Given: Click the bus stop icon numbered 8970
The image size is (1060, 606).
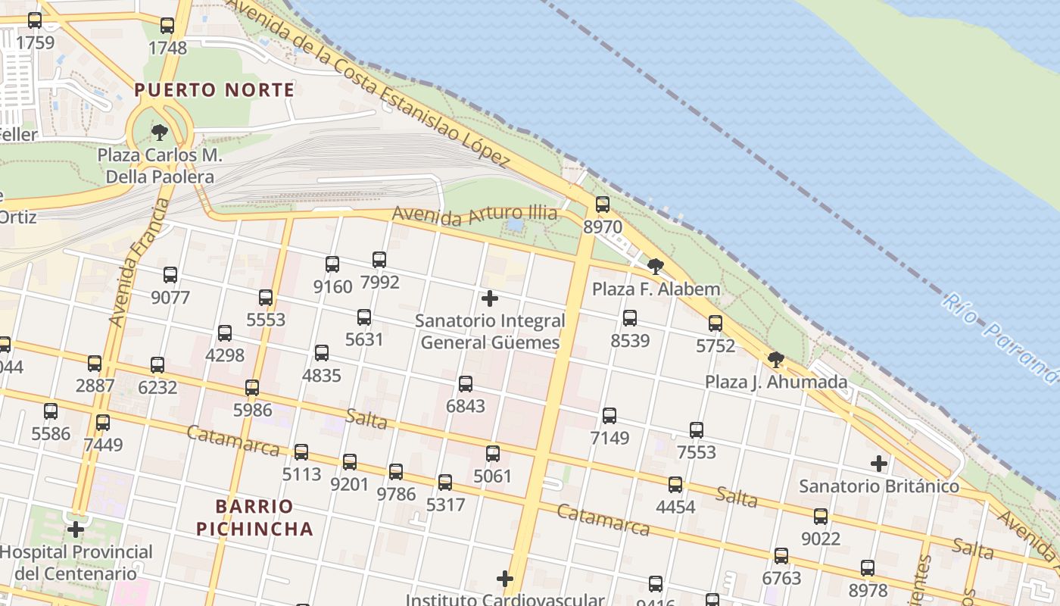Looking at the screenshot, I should point(603,205).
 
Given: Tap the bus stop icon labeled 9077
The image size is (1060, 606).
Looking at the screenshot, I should point(170,275).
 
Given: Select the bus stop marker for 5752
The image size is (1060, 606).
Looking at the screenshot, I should point(715,324).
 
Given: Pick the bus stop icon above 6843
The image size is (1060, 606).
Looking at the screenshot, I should point(466,384).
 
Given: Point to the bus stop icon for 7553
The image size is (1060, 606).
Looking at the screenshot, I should point(697,430).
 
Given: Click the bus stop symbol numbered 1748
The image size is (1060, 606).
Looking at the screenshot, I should point(167,26).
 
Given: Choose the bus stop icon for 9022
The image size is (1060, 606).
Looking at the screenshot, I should point(821,517).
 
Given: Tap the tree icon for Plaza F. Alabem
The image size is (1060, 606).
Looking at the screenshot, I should point(656,267).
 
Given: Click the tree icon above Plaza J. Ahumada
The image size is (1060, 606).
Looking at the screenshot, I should point(775,360).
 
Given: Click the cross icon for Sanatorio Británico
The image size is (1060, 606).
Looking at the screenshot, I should point(878,463).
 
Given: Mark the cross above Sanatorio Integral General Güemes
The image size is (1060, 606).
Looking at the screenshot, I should point(490,298).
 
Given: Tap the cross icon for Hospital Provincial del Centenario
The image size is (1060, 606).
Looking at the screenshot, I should point(76,529).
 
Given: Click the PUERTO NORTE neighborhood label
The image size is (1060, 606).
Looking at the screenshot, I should point(214,90).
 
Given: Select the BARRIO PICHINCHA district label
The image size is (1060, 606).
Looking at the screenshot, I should point(254,517).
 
